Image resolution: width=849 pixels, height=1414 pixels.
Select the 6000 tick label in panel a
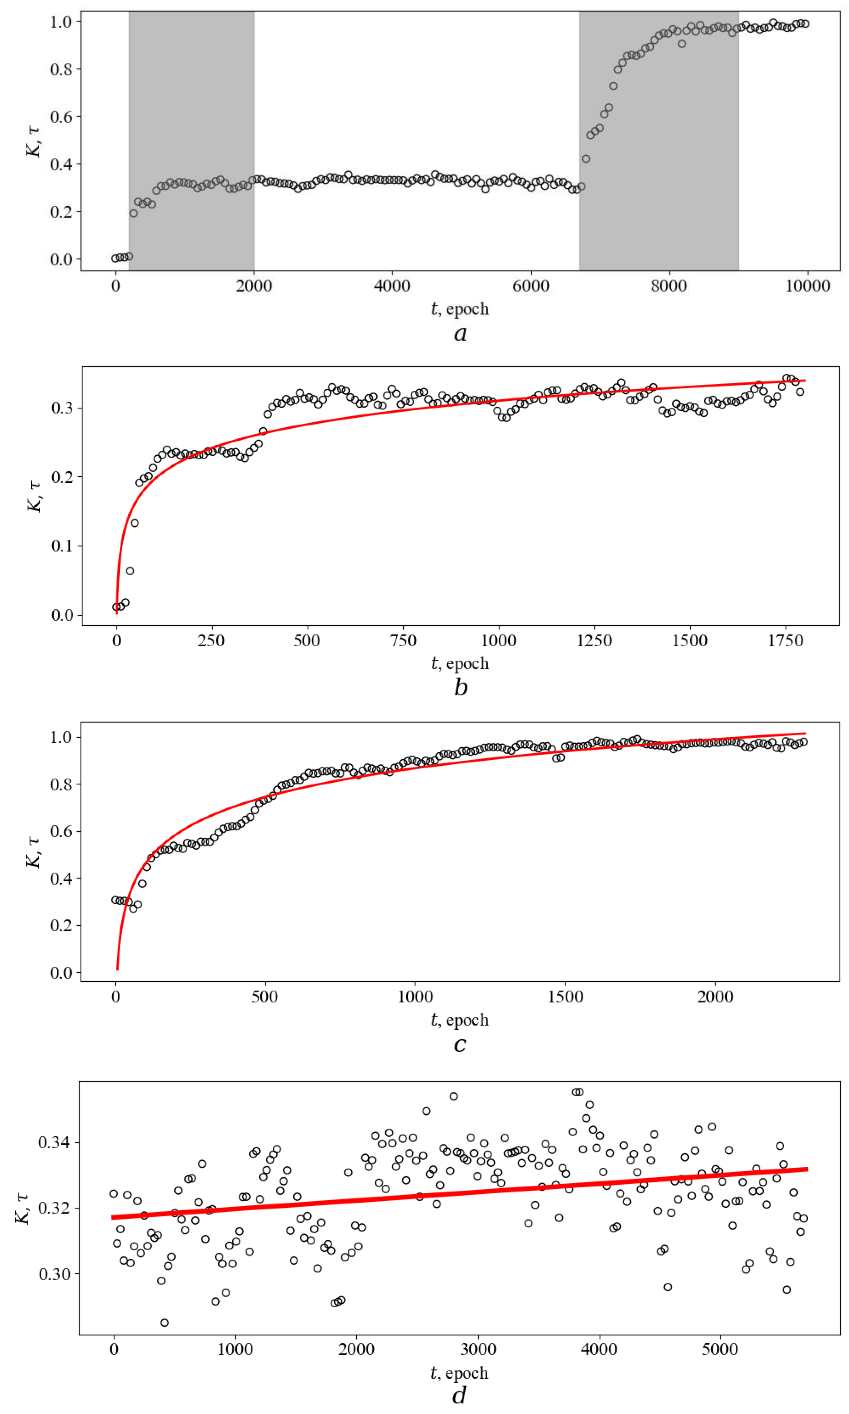pos(530,286)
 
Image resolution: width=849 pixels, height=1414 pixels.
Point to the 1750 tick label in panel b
pos(785,640)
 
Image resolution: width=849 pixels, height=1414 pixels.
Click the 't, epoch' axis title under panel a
pos(460,309)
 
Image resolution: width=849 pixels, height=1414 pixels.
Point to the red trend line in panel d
pos(460,1193)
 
